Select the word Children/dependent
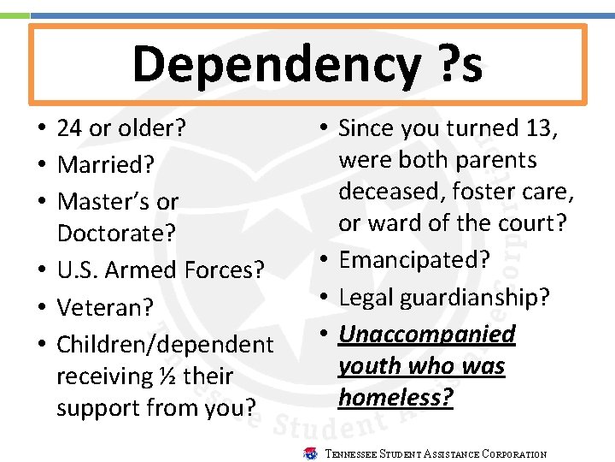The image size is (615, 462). click(x=165, y=344)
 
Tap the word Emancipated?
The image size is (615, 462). click(x=414, y=259)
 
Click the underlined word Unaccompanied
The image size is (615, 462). click(x=427, y=334)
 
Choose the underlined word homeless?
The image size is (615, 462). click(x=395, y=397)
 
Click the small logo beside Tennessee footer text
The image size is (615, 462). click(x=311, y=453)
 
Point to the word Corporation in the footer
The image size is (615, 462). click(x=513, y=454)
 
